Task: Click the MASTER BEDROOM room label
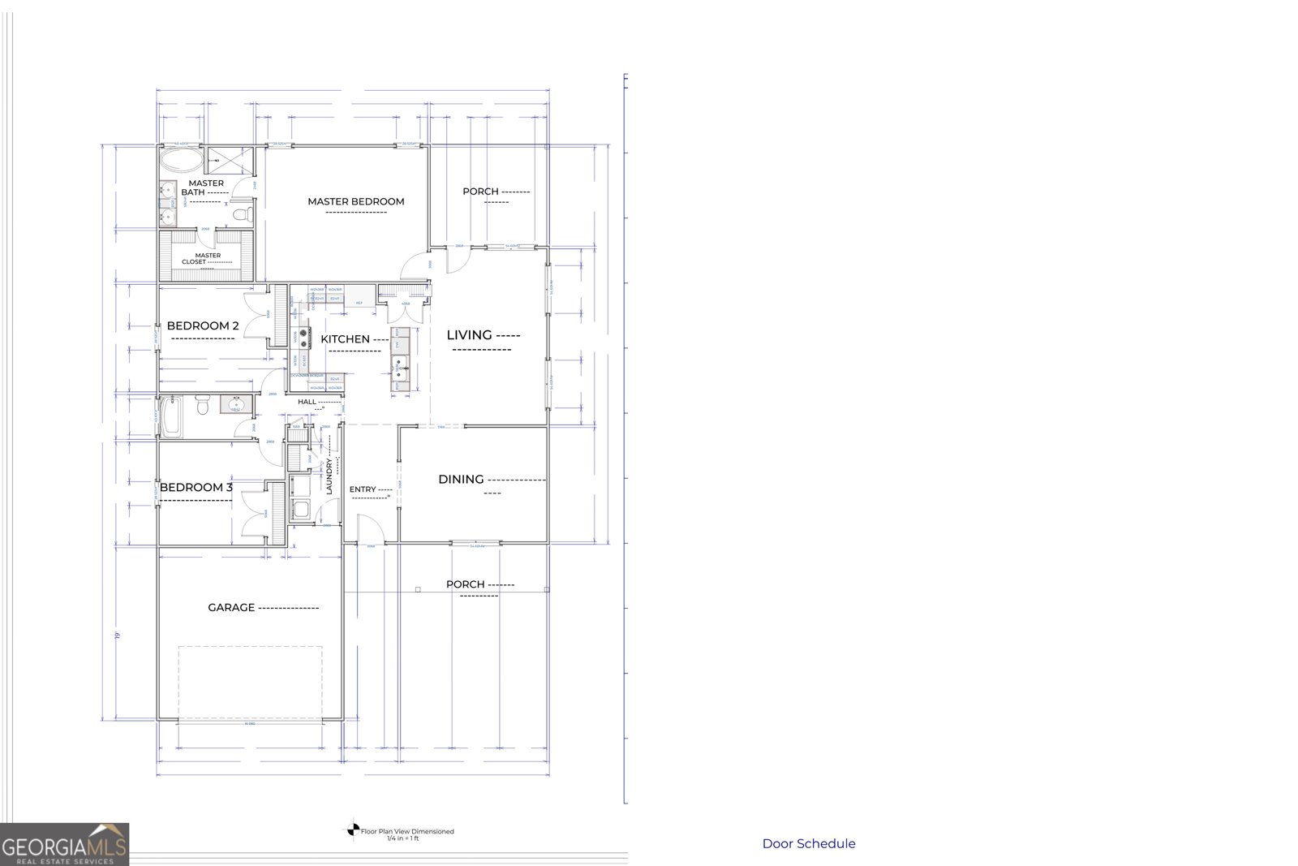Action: [355, 201]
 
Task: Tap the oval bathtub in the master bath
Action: [179, 158]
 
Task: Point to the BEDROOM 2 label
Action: [203, 326]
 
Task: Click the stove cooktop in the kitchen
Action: [304, 333]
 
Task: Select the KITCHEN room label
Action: [345, 339]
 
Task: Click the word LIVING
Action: [470, 334]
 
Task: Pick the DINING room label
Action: [461, 480]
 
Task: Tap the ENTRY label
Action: [363, 489]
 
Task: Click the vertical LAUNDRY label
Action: [330, 478]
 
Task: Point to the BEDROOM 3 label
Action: [196, 488]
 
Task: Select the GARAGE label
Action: [231, 607]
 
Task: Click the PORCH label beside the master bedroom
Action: [480, 192]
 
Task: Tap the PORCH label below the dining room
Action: [465, 584]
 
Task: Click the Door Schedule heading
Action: [808, 843]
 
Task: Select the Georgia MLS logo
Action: [64, 844]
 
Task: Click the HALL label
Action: [307, 402]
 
